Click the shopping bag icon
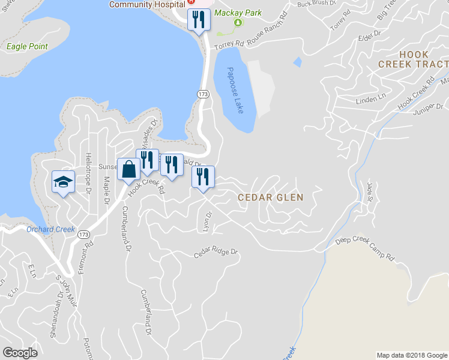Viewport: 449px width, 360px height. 129,169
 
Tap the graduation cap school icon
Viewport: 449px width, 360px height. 63,181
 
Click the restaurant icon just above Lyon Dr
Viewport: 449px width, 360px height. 203,177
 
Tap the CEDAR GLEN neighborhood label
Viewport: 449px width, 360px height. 270,197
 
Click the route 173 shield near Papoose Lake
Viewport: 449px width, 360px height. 203,94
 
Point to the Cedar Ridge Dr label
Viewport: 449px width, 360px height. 216,254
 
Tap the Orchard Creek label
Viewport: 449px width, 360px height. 50,229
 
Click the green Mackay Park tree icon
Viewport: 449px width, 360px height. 237,22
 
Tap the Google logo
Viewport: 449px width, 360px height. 20,353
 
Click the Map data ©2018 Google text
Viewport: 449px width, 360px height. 411,355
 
